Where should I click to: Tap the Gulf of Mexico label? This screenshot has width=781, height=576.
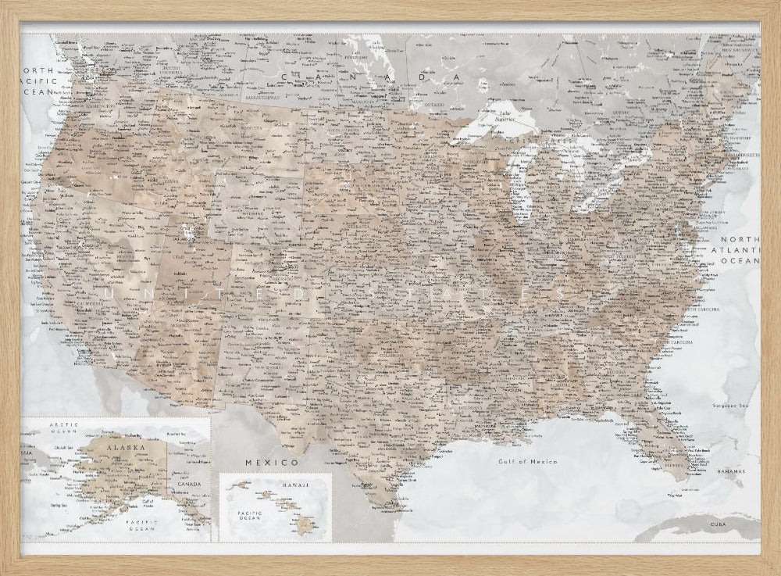coord(529,462)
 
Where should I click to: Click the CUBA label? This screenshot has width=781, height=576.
coord(717,523)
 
